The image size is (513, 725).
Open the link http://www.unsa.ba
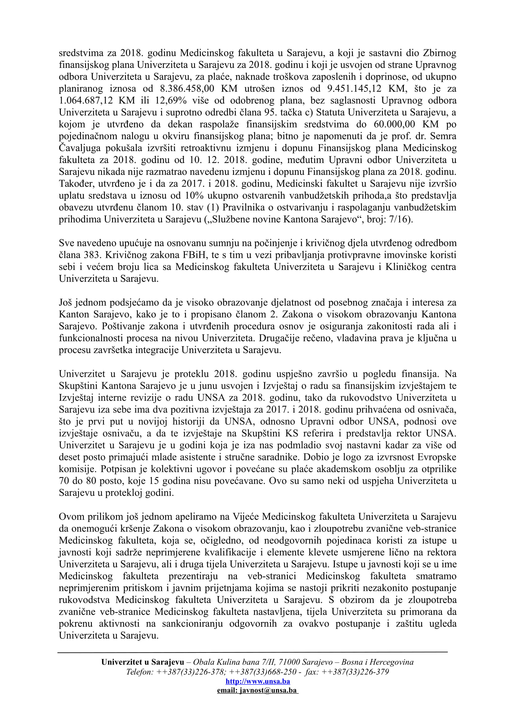pos(258,681)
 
